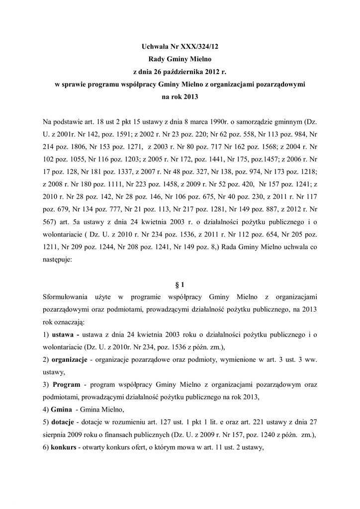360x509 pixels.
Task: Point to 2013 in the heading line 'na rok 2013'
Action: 189,97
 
